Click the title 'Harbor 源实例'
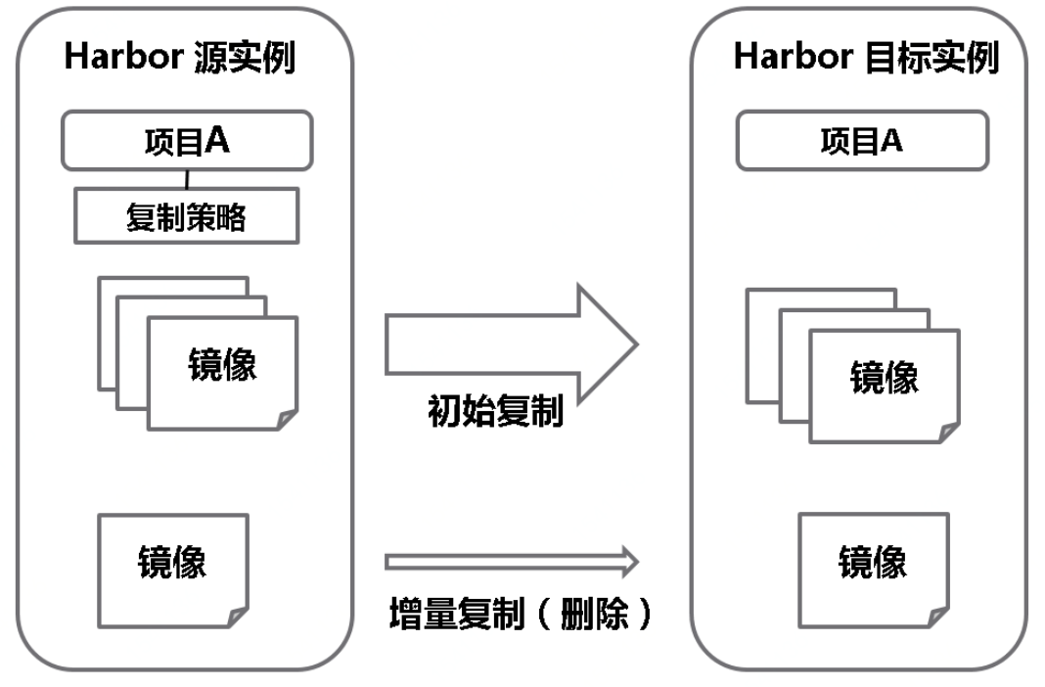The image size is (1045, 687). click(180, 57)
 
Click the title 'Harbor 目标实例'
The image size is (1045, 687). click(866, 57)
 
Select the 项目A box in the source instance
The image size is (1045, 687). click(187, 141)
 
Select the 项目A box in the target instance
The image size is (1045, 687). click(862, 141)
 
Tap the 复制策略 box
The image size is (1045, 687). click(187, 216)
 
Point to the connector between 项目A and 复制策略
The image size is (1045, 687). click(187, 179)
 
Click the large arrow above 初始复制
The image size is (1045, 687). click(512, 343)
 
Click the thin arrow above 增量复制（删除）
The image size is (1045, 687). click(512, 562)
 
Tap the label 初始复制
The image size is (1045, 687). click(496, 410)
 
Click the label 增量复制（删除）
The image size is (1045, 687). click(520, 614)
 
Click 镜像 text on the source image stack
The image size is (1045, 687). click(222, 364)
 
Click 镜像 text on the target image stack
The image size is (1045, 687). click(885, 377)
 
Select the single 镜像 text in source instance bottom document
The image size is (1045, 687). click(172, 562)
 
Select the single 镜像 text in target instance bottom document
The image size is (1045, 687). click(873, 562)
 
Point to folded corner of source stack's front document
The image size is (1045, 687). click(288, 420)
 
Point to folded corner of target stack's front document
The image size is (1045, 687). click(950, 433)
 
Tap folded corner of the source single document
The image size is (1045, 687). click(239, 618)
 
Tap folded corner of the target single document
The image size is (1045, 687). click(939, 618)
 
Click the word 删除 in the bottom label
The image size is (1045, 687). click(595, 614)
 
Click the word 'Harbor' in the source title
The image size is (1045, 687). click(124, 56)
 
